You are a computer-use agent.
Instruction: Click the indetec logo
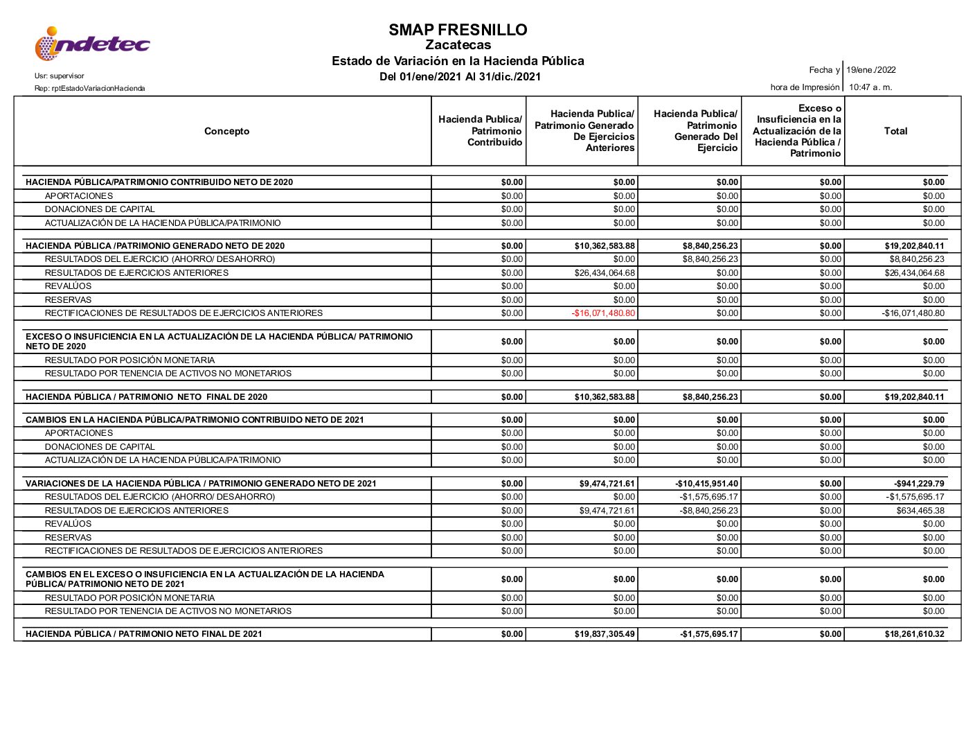(x=92, y=44)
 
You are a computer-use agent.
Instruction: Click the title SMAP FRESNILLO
(x=458, y=30)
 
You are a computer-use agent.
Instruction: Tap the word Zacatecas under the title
(x=458, y=45)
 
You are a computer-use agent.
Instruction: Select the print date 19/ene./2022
(x=870, y=70)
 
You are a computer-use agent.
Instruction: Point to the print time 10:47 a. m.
(x=870, y=87)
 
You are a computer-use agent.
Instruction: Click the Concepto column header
(x=226, y=131)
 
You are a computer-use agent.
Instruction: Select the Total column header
(x=895, y=131)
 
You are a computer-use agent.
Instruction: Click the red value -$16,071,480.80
(x=603, y=313)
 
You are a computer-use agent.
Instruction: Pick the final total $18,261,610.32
(x=914, y=634)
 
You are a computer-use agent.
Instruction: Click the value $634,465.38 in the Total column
(x=920, y=511)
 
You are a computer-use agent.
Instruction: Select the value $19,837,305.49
(x=605, y=634)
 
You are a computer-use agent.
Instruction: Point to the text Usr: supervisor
(x=59, y=76)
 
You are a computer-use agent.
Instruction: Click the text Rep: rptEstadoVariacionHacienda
(x=90, y=89)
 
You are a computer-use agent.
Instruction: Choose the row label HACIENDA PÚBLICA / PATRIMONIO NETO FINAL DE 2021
(x=144, y=634)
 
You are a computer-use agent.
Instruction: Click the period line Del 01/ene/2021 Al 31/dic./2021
(x=460, y=77)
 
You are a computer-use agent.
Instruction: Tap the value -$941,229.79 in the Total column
(x=919, y=484)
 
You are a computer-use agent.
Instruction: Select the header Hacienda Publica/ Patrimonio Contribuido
(x=480, y=131)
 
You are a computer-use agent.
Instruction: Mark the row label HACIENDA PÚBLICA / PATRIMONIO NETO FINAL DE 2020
(x=146, y=397)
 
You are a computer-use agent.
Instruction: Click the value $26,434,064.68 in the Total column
(x=914, y=273)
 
